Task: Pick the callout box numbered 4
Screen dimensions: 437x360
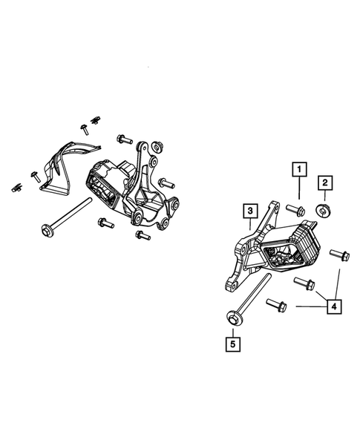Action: [x=330, y=305]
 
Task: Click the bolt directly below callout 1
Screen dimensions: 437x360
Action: [x=296, y=206]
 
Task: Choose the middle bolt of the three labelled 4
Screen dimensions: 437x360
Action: [x=305, y=283]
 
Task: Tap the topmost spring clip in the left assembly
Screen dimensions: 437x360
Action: [x=94, y=118]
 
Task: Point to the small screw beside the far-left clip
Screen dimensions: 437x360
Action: [x=34, y=175]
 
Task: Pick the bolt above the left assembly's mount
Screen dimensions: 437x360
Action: [x=123, y=139]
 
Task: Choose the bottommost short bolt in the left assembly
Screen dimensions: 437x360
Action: [x=140, y=235]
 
